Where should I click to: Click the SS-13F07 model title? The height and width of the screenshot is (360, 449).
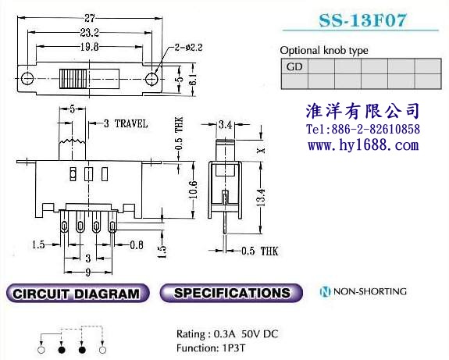point(362,20)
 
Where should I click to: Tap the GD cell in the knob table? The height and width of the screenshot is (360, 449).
point(294,66)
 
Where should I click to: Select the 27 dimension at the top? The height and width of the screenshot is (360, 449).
point(90,18)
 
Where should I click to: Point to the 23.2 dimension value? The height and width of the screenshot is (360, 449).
point(89,33)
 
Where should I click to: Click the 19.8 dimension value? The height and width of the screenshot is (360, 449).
point(90,47)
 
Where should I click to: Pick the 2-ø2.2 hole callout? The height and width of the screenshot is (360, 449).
point(188,48)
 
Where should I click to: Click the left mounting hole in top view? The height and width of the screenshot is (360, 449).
point(27,78)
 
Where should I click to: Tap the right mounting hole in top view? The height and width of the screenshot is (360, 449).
point(151,78)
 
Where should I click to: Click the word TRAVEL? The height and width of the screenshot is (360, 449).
point(131,123)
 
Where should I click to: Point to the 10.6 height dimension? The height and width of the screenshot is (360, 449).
point(193,190)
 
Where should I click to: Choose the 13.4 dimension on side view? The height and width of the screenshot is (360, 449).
point(261,198)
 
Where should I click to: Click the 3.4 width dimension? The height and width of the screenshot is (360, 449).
point(225,125)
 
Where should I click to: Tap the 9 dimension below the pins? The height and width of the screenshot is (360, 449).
point(88,272)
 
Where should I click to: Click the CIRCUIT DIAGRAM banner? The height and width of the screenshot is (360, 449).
point(77,294)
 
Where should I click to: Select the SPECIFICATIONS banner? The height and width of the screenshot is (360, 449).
point(231,293)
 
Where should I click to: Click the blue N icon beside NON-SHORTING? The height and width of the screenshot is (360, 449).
point(325,291)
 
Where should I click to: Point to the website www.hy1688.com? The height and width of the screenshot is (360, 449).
point(363,145)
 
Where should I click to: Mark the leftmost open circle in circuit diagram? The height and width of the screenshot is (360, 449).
point(41,350)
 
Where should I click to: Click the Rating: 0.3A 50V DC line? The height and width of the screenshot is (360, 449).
point(227,334)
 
